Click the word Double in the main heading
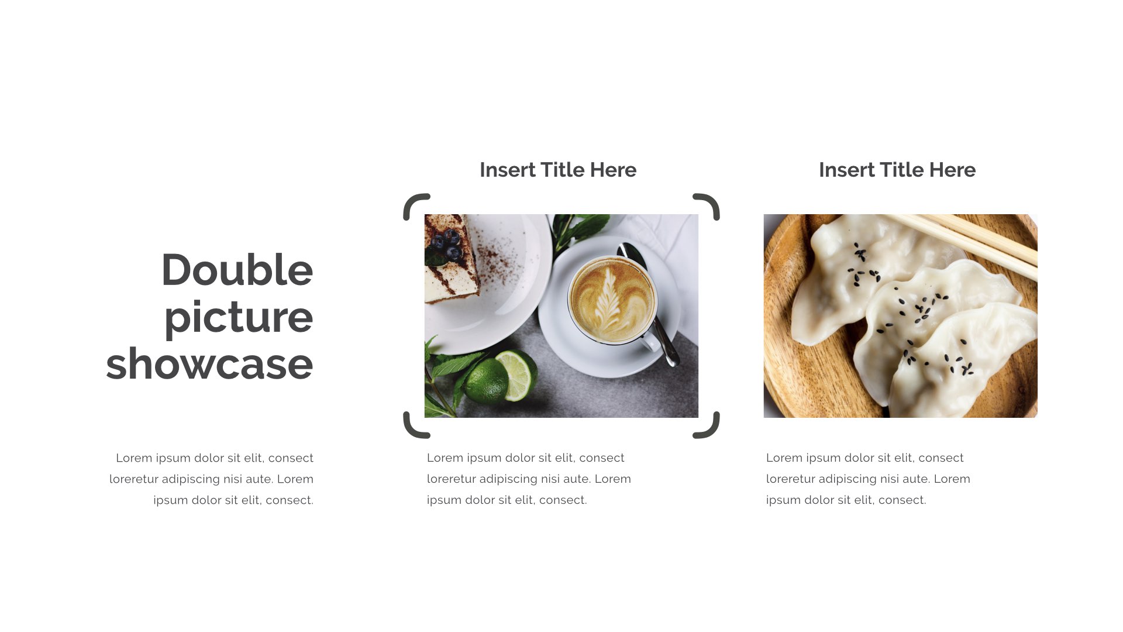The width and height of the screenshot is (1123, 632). (x=237, y=270)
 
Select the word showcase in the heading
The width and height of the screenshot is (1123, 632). (x=209, y=364)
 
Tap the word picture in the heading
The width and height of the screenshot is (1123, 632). (x=238, y=317)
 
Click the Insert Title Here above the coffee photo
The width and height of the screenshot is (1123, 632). (x=557, y=170)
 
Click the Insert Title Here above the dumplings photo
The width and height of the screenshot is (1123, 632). (x=897, y=170)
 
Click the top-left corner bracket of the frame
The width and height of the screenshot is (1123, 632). (x=414, y=204)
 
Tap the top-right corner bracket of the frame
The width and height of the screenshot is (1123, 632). (x=709, y=204)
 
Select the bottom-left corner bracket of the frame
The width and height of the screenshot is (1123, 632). (x=414, y=427)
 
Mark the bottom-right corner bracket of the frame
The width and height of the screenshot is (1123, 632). (x=709, y=427)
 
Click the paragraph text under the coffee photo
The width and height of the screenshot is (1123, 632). (x=528, y=479)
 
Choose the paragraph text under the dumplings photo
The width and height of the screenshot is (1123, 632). (x=867, y=479)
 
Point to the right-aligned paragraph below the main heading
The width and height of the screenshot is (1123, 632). (x=212, y=479)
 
